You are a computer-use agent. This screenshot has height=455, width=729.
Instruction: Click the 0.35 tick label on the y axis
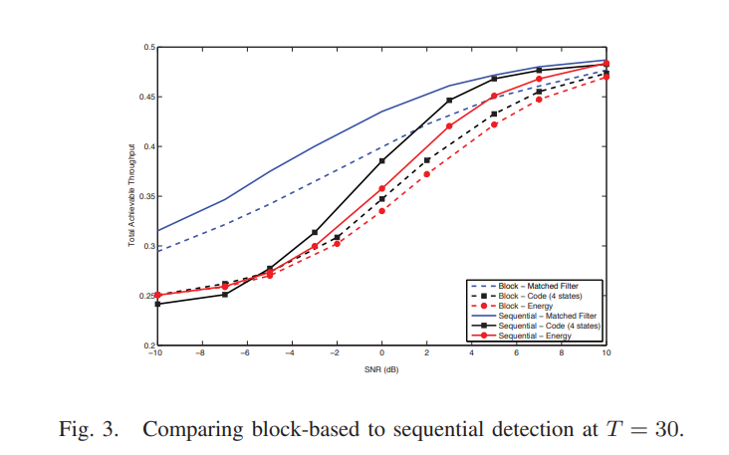145,196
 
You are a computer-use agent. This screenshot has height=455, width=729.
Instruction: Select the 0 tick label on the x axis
381,352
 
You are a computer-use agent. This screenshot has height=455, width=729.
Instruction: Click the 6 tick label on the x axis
517,352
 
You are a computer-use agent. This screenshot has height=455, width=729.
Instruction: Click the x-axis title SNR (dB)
380,367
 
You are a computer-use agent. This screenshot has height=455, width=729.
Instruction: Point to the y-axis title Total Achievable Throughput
130,196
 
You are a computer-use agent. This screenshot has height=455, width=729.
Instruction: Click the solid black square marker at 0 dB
381,160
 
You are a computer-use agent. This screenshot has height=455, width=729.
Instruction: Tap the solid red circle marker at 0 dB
381,188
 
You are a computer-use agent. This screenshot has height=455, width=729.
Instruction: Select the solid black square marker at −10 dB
156,304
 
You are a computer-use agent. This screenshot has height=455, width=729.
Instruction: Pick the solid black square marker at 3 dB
449,100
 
